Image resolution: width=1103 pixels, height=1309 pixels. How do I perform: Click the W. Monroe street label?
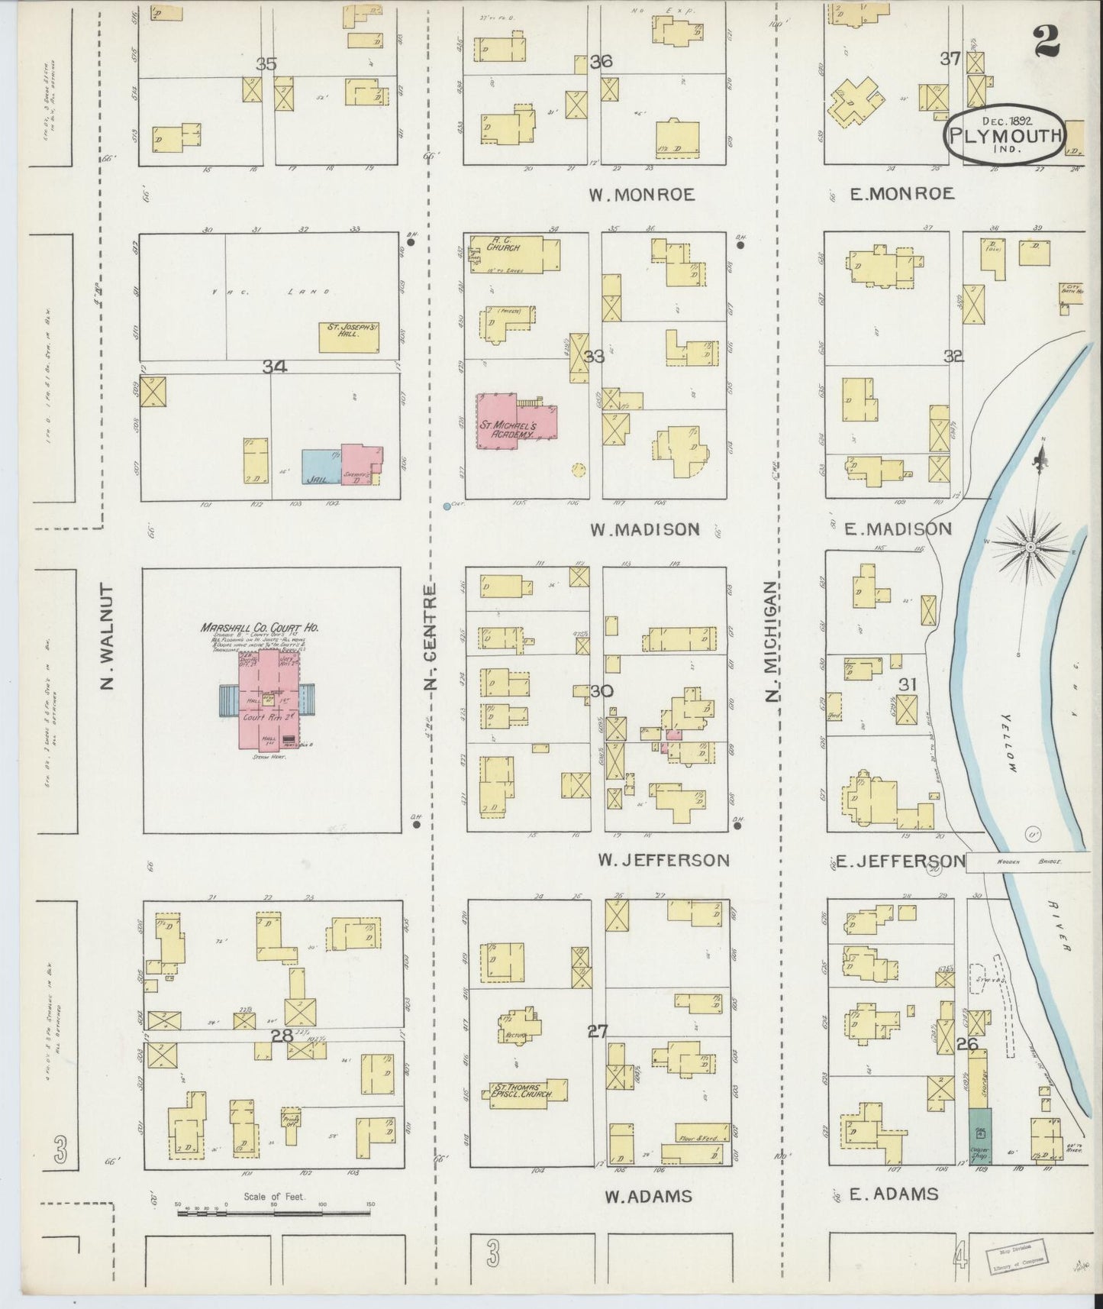point(641,195)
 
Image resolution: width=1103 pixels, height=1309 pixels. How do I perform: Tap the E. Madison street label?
point(901,528)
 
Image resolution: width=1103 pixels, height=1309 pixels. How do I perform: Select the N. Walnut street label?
point(107,637)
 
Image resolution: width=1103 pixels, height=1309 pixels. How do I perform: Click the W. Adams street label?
point(648,1196)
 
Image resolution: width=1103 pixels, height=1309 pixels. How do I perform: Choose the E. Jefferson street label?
point(900,861)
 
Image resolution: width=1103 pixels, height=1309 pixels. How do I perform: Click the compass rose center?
point(1030,547)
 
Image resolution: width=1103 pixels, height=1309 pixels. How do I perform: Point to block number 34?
point(274,367)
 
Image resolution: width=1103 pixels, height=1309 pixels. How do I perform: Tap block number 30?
point(601,691)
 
